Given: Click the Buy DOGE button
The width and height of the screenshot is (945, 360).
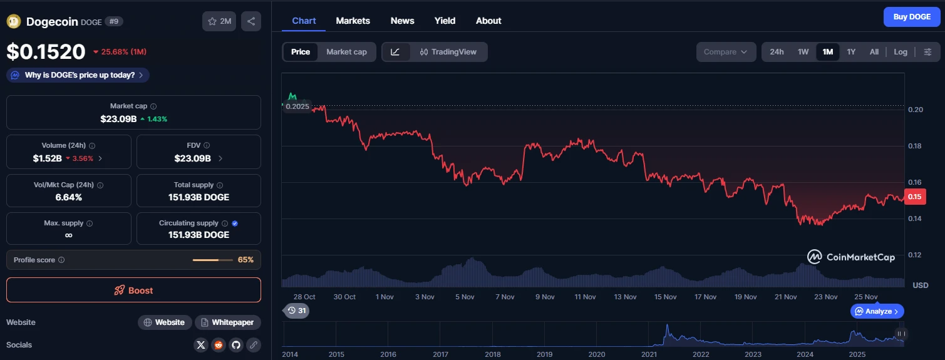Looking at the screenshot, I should pos(911,17).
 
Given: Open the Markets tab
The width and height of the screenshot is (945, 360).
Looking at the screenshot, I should pos(353,21).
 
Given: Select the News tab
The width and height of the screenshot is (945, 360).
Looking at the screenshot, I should pos(402,21).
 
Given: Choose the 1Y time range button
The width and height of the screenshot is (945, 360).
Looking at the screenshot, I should pos(851,52).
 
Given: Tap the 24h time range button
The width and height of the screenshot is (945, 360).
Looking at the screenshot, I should pos(777,52).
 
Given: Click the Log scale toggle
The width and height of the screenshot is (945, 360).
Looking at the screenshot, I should pos(900,52).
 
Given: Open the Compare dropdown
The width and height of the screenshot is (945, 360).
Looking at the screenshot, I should pos(725,52).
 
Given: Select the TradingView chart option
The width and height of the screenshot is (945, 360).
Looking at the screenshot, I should pos(448,52).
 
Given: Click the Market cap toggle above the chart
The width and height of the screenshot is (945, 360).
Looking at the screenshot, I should pos(346,52).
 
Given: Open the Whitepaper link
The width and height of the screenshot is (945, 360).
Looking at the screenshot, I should pos(227,322).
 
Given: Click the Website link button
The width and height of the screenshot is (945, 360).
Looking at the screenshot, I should pos(164,322).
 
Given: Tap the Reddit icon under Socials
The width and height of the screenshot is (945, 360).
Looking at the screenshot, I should pos(218,345).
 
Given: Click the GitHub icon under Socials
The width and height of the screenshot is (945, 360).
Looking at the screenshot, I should pos(235,345).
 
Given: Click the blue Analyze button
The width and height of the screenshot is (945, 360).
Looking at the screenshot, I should pos(877,311).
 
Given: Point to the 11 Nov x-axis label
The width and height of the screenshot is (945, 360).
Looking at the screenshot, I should pos(585,297).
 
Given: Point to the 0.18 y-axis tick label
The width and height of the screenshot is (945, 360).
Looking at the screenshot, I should pos(915,147).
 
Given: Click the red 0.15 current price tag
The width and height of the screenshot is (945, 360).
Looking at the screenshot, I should pos(915,197).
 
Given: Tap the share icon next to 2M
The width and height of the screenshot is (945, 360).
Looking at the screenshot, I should pos(250,21).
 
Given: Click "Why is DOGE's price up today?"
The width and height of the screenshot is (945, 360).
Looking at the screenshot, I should pos(78,75).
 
